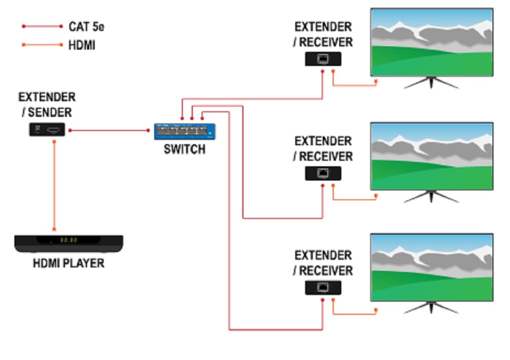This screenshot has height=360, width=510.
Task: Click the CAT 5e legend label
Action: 86,27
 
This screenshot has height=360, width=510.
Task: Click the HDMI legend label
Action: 82,45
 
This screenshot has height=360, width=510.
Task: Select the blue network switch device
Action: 185,131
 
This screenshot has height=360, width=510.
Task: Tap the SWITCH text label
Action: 184,150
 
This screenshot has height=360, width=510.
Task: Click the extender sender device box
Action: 47,130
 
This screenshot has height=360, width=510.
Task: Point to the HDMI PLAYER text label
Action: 68,264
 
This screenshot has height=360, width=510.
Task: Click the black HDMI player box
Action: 69,243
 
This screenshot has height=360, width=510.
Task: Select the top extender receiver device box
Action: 323,59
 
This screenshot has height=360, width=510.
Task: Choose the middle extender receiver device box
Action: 323,173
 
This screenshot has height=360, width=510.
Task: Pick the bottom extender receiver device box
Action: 323,288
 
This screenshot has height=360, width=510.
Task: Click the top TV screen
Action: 432,42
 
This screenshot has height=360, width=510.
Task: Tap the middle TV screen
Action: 432,156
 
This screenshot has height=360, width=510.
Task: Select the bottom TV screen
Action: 432,267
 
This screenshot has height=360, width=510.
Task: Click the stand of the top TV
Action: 431,83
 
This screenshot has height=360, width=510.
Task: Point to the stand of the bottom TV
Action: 431,308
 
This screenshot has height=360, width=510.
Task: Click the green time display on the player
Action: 68,240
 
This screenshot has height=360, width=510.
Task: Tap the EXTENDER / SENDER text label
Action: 47,105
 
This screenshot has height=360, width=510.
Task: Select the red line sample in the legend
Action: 42,26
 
